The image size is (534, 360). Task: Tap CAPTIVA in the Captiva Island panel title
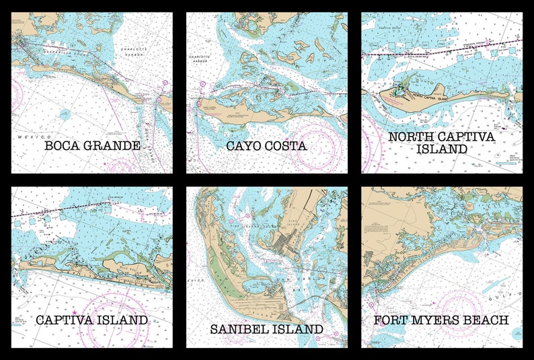point(65,320)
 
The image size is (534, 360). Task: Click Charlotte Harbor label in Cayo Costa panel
point(200,59)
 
